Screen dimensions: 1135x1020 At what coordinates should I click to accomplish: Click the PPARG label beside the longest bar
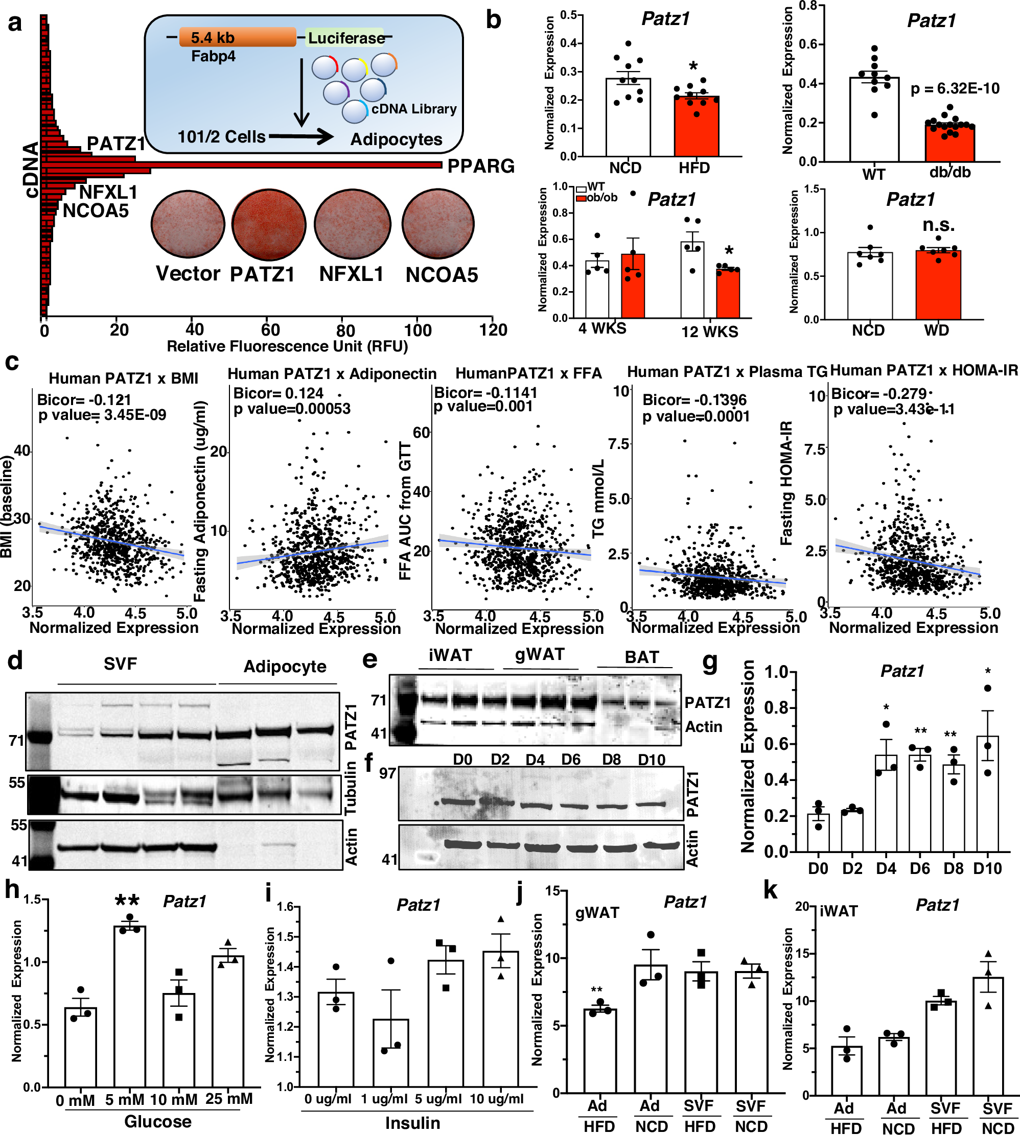pos(481,166)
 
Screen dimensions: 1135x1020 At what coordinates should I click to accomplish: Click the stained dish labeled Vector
pos(188,224)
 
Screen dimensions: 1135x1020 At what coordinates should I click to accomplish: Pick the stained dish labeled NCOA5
pos(438,224)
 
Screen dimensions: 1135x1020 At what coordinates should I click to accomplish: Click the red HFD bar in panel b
pos(697,127)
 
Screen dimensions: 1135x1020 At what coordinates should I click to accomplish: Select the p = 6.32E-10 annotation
pos(955,88)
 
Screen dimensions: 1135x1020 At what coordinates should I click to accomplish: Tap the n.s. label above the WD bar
pos(939,225)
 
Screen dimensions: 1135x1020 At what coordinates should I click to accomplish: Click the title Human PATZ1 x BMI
pos(123,378)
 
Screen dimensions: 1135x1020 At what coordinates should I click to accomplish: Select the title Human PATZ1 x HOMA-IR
pos(923,370)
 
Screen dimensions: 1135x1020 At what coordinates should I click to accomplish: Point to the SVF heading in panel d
pos(120,664)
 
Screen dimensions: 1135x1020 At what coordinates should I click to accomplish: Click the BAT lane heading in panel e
pos(642,656)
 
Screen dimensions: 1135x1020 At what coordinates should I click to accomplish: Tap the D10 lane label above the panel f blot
pos(652,760)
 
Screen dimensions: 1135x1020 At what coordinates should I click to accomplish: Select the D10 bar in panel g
pos(987,794)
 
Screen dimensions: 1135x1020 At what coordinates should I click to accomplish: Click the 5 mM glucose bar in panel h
pos(129,1006)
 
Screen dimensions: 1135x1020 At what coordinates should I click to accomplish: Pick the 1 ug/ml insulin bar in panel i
pos(390,1053)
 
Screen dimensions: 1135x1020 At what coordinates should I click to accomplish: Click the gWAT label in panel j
pos(597,913)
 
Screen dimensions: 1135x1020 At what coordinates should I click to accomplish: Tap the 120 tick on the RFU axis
pos(493,330)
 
